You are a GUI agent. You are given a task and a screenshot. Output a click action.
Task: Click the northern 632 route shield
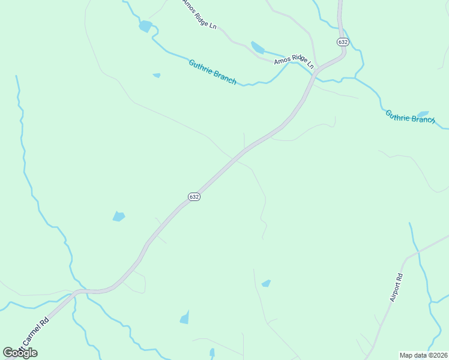pyautogui.click(x=343, y=42)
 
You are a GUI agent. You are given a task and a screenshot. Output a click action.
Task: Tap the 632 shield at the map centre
pyautogui.click(x=194, y=197)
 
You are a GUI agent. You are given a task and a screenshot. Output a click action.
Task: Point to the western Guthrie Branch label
pyautogui.click(x=212, y=72)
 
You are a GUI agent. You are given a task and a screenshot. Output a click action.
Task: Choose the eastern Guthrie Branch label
pyautogui.click(x=410, y=116)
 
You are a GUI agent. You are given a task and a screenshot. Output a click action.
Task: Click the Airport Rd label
pyautogui.click(x=397, y=287)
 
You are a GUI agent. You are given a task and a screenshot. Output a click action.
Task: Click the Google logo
pyautogui.click(x=20, y=352)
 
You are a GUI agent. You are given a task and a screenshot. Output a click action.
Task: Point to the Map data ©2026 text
pyautogui.click(x=423, y=355)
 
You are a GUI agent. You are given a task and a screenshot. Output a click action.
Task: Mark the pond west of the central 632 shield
pyautogui.click(x=119, y=216)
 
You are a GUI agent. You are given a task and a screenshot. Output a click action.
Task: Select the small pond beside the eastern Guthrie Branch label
pyautogui.click(x=423, y=113)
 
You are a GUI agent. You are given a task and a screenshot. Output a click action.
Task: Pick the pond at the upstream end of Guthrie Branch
pyautogui.click(x=145, y=26)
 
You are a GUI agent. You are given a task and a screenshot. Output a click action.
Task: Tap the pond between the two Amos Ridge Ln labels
pyautogui.click(x=258, y=47)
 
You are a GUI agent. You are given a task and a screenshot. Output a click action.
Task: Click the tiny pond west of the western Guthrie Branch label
pyautogui.click(x=157, y=76)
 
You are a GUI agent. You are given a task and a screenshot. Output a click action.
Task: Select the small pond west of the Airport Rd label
pyautogui.click(x=266, y=283)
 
